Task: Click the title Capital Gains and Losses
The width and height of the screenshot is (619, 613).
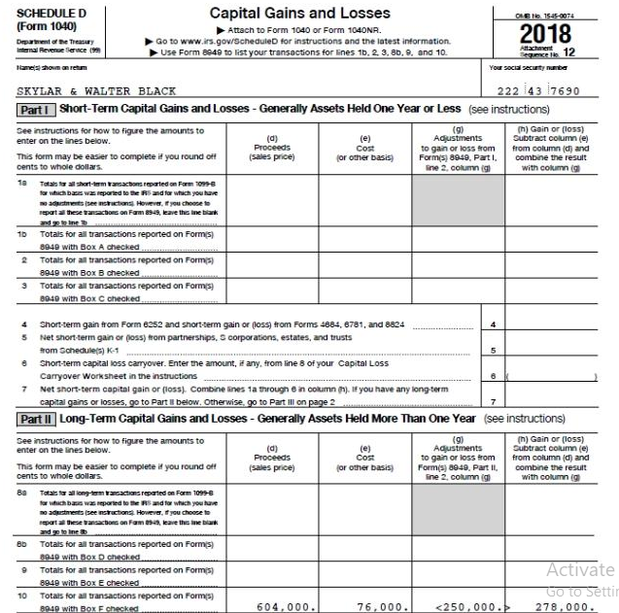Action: click(x=300, y=14)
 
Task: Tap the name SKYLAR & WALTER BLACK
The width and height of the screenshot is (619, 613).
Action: click(x=97, y=91)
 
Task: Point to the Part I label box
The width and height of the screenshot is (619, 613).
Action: click(x=35, y=111)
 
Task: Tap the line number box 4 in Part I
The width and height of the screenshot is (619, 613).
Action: click(x=494, y=324)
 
